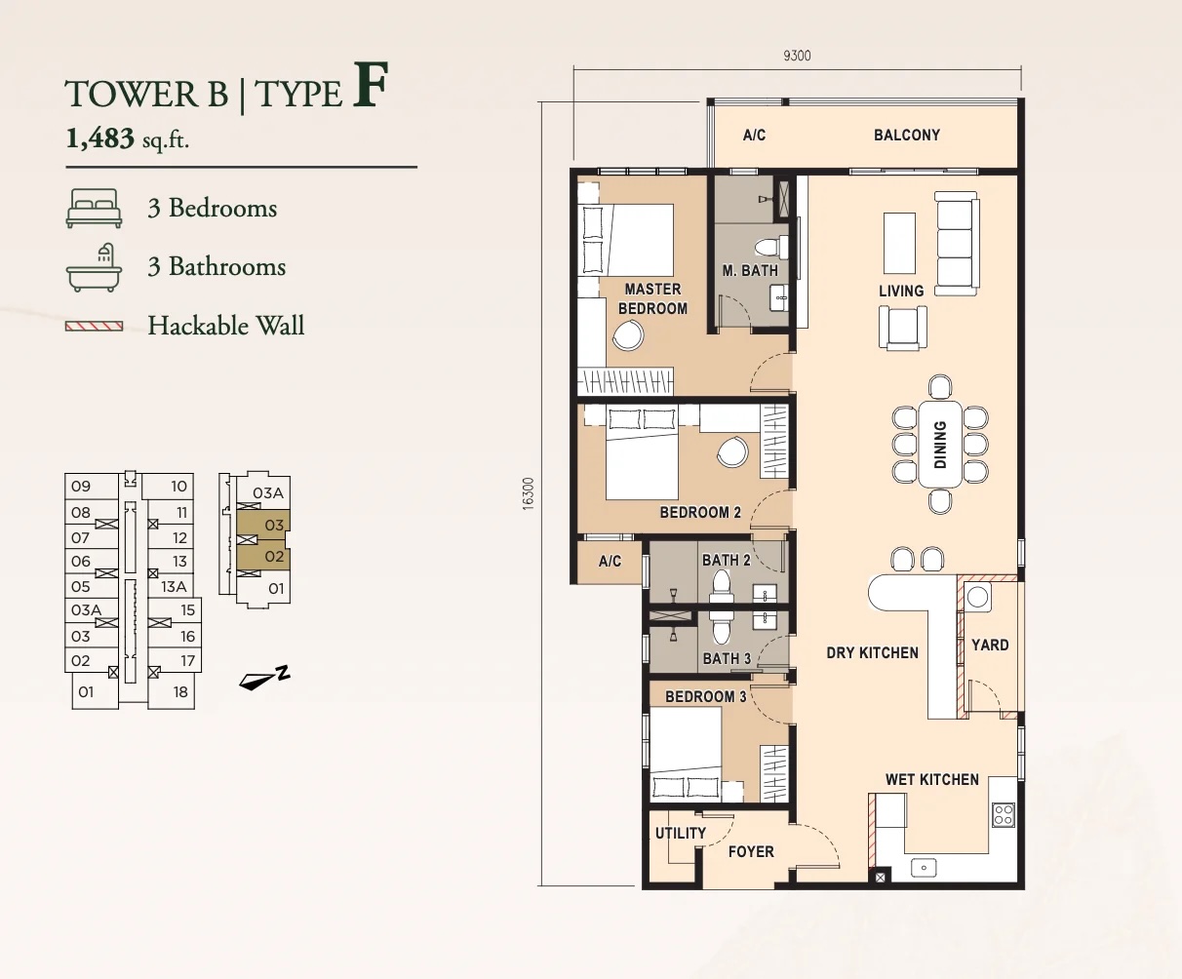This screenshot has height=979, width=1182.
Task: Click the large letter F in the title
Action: [x=371, y=85]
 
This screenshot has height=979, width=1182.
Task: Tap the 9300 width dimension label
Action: [x=797, y=56]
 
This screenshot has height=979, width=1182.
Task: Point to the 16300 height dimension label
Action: [x=528, y=493]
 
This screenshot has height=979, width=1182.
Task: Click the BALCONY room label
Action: [x=907, y=136]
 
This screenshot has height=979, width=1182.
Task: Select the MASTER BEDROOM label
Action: [x=652, y=298]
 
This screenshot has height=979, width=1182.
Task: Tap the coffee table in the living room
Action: [x=899, y=244]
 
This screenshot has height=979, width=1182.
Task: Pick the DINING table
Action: [x=940, y=445]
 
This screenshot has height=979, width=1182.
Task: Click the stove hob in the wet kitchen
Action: [x=1004, y=815]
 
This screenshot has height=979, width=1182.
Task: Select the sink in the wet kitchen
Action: [x=924, y=868]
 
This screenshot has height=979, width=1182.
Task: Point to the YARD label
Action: [x=990, y=646]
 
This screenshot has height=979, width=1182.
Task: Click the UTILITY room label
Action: [x=681, y=833]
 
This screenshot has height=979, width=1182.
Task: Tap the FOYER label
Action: [x=751, y=851]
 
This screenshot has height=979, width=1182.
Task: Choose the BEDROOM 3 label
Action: [x=705, y=696]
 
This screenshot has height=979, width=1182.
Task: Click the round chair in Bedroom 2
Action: [x=732, y=451]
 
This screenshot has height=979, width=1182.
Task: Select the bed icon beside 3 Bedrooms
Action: [x=94, y=209]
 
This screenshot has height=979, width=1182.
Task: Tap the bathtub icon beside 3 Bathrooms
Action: [x=94, y=268]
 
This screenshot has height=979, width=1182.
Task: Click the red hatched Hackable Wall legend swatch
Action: [x=94, y=326]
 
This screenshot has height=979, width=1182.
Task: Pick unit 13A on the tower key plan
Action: [x=174, y=586]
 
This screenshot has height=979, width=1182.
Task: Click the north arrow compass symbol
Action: [x=264, y=678]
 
